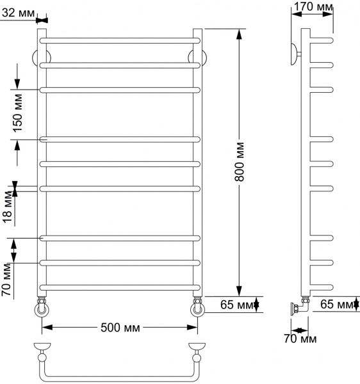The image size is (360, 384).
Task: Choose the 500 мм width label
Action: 120,328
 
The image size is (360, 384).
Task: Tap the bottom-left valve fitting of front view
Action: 42,307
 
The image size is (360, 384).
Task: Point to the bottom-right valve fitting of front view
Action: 197,307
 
